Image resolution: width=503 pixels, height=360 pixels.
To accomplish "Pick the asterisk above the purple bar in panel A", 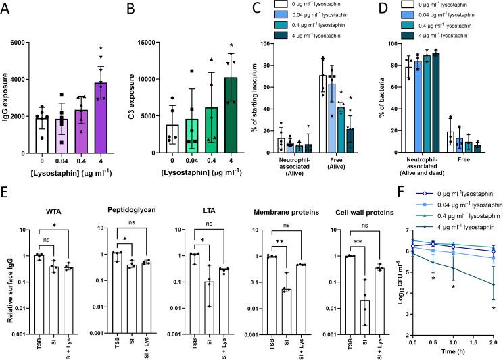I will click(x=100, y=49).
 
